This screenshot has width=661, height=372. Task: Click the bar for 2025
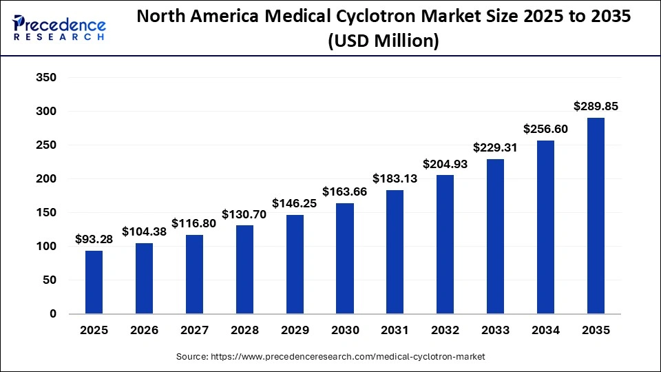(x=94, y=282)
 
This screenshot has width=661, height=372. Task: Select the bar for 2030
(x=345, y=259)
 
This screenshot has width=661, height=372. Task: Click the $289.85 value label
(x=596, y=107)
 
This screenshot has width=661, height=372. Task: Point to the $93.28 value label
(x=94, y=239)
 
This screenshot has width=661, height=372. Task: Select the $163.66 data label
(x=345, y=192)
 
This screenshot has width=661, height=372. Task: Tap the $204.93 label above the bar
(x=445, y=164)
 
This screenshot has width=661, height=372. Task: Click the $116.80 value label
(x=194, y=223)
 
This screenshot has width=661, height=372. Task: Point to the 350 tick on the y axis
(x=45, y=78)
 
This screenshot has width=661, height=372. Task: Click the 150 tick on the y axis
(x=45, y=213)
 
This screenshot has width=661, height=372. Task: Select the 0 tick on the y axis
(x=52, y=314)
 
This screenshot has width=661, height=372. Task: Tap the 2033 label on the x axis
(x=496, y=331)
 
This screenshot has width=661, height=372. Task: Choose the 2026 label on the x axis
(x=144, y=331)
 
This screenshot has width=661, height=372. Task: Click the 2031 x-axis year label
(x=395, y=331)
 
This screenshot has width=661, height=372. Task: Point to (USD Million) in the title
(x=384, y=41)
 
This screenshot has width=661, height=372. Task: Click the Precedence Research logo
(x=59, y=28)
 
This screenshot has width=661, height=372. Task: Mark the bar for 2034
(x=546, y=227)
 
